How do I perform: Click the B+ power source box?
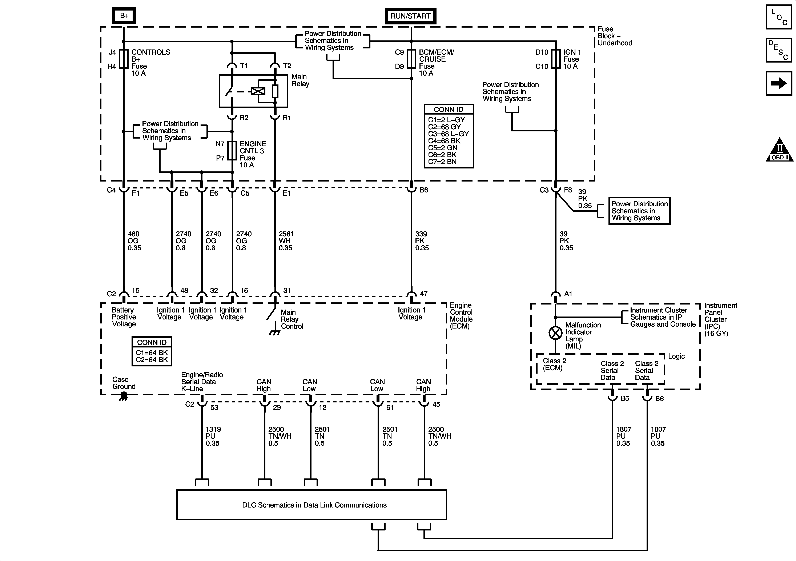pyautogui.click(x=124, y=16)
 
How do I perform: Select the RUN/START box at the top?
pyautogui.click(x=410, y=16)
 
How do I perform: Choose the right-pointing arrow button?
pyautogui.click(x=779, y=83)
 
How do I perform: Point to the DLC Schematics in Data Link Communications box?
pyautogui.click(x=312, y=505)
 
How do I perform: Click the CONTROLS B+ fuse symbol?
pyautogui.click(x=124, y=59)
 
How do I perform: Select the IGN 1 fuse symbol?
pyautogui.click(x=556, y=59)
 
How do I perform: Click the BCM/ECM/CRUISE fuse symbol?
pyautogui.click(x=411, y=59)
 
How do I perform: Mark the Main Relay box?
pyautogui.click(x=253, y=91)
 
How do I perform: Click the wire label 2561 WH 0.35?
pyautogui.click(x=286, y=241)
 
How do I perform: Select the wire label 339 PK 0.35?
pyautogui.click(x=422, y=241)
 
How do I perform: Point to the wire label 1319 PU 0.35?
pyautogui.click(x=213, y=436)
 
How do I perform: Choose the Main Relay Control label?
pyautogui.click(x=292, y=319)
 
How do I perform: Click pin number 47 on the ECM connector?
pyautogui.click(x=424, y=294)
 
